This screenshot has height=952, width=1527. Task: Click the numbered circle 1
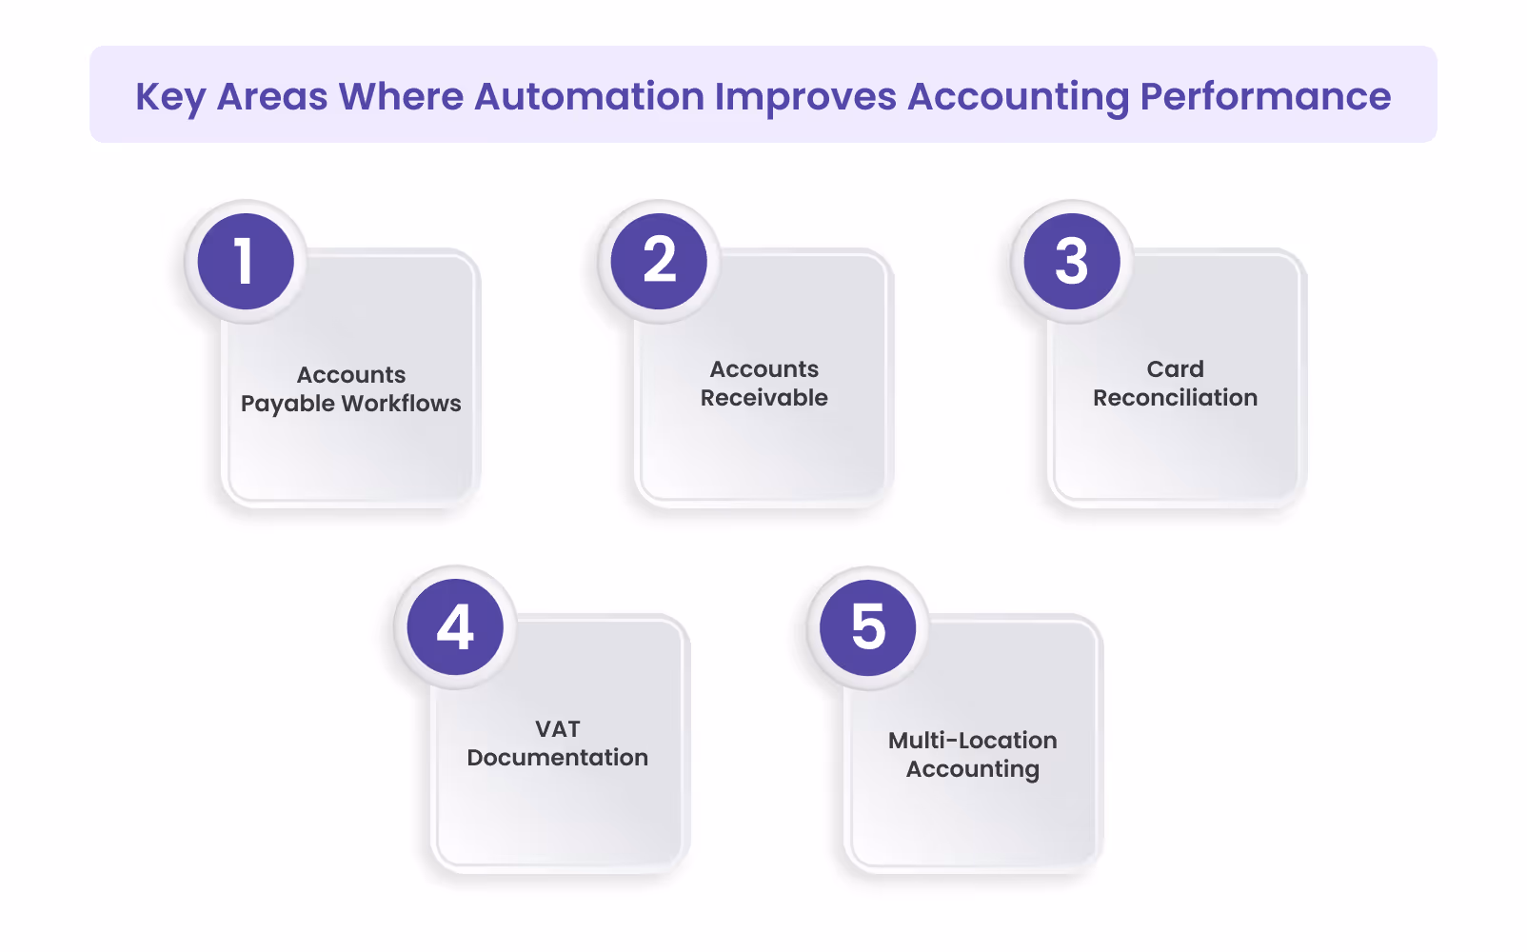click(246, 261)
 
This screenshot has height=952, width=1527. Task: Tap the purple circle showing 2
click(659, 261)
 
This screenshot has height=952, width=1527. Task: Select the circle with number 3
click(1072, 261)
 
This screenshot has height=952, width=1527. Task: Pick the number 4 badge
click(455, 626)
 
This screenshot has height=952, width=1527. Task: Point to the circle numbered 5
click(868, 626)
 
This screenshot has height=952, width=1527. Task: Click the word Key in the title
click(170, 97)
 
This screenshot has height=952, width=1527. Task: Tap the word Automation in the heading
click(589, 96)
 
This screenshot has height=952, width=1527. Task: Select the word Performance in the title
click(1265, 96)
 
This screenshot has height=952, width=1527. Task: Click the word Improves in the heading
click(805, 97)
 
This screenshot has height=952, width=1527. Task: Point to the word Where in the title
click(401, 96)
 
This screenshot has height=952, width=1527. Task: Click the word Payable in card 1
click(288, 404)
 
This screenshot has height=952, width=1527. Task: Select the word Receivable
click(764, 398)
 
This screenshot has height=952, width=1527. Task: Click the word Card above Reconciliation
click(1175, 369)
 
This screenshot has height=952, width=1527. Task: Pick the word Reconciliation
click(1175, 398)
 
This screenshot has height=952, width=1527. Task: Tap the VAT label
click(558, 729)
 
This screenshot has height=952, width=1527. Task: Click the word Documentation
click(558, 758)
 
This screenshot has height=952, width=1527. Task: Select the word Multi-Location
click(972, 741)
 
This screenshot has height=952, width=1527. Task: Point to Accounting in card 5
click(972, 769)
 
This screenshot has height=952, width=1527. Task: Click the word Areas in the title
click(272, 96)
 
